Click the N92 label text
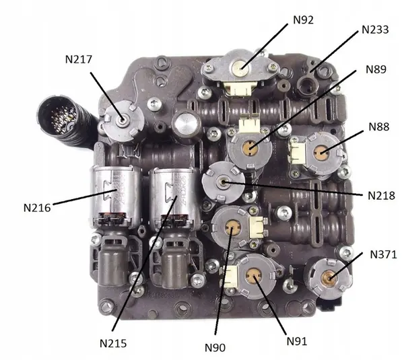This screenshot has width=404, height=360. pos(303,20)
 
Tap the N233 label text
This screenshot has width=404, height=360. pos(375,30)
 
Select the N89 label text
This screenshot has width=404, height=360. pos(376,69)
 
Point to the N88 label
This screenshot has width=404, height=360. pos(379,127)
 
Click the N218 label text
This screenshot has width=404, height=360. pos(381,196)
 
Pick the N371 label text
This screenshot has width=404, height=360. pos(383,254)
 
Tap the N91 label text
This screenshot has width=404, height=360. pos(297,341)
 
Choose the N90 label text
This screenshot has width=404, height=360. pos(215,348)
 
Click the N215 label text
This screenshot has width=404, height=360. pos(113,343)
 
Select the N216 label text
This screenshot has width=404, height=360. pos(37,208)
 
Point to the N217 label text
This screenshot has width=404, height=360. pos(79,59)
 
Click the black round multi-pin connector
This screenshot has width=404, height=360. pos(62,119)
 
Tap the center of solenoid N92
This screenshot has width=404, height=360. pos(241,68)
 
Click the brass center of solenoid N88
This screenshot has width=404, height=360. pos(321,152)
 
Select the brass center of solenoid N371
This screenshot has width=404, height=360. pos(329,278)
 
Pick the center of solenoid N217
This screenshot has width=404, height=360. pos(122,120)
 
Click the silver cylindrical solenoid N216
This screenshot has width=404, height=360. pos(115,196)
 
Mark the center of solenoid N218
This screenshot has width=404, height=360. pos(223,182)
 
